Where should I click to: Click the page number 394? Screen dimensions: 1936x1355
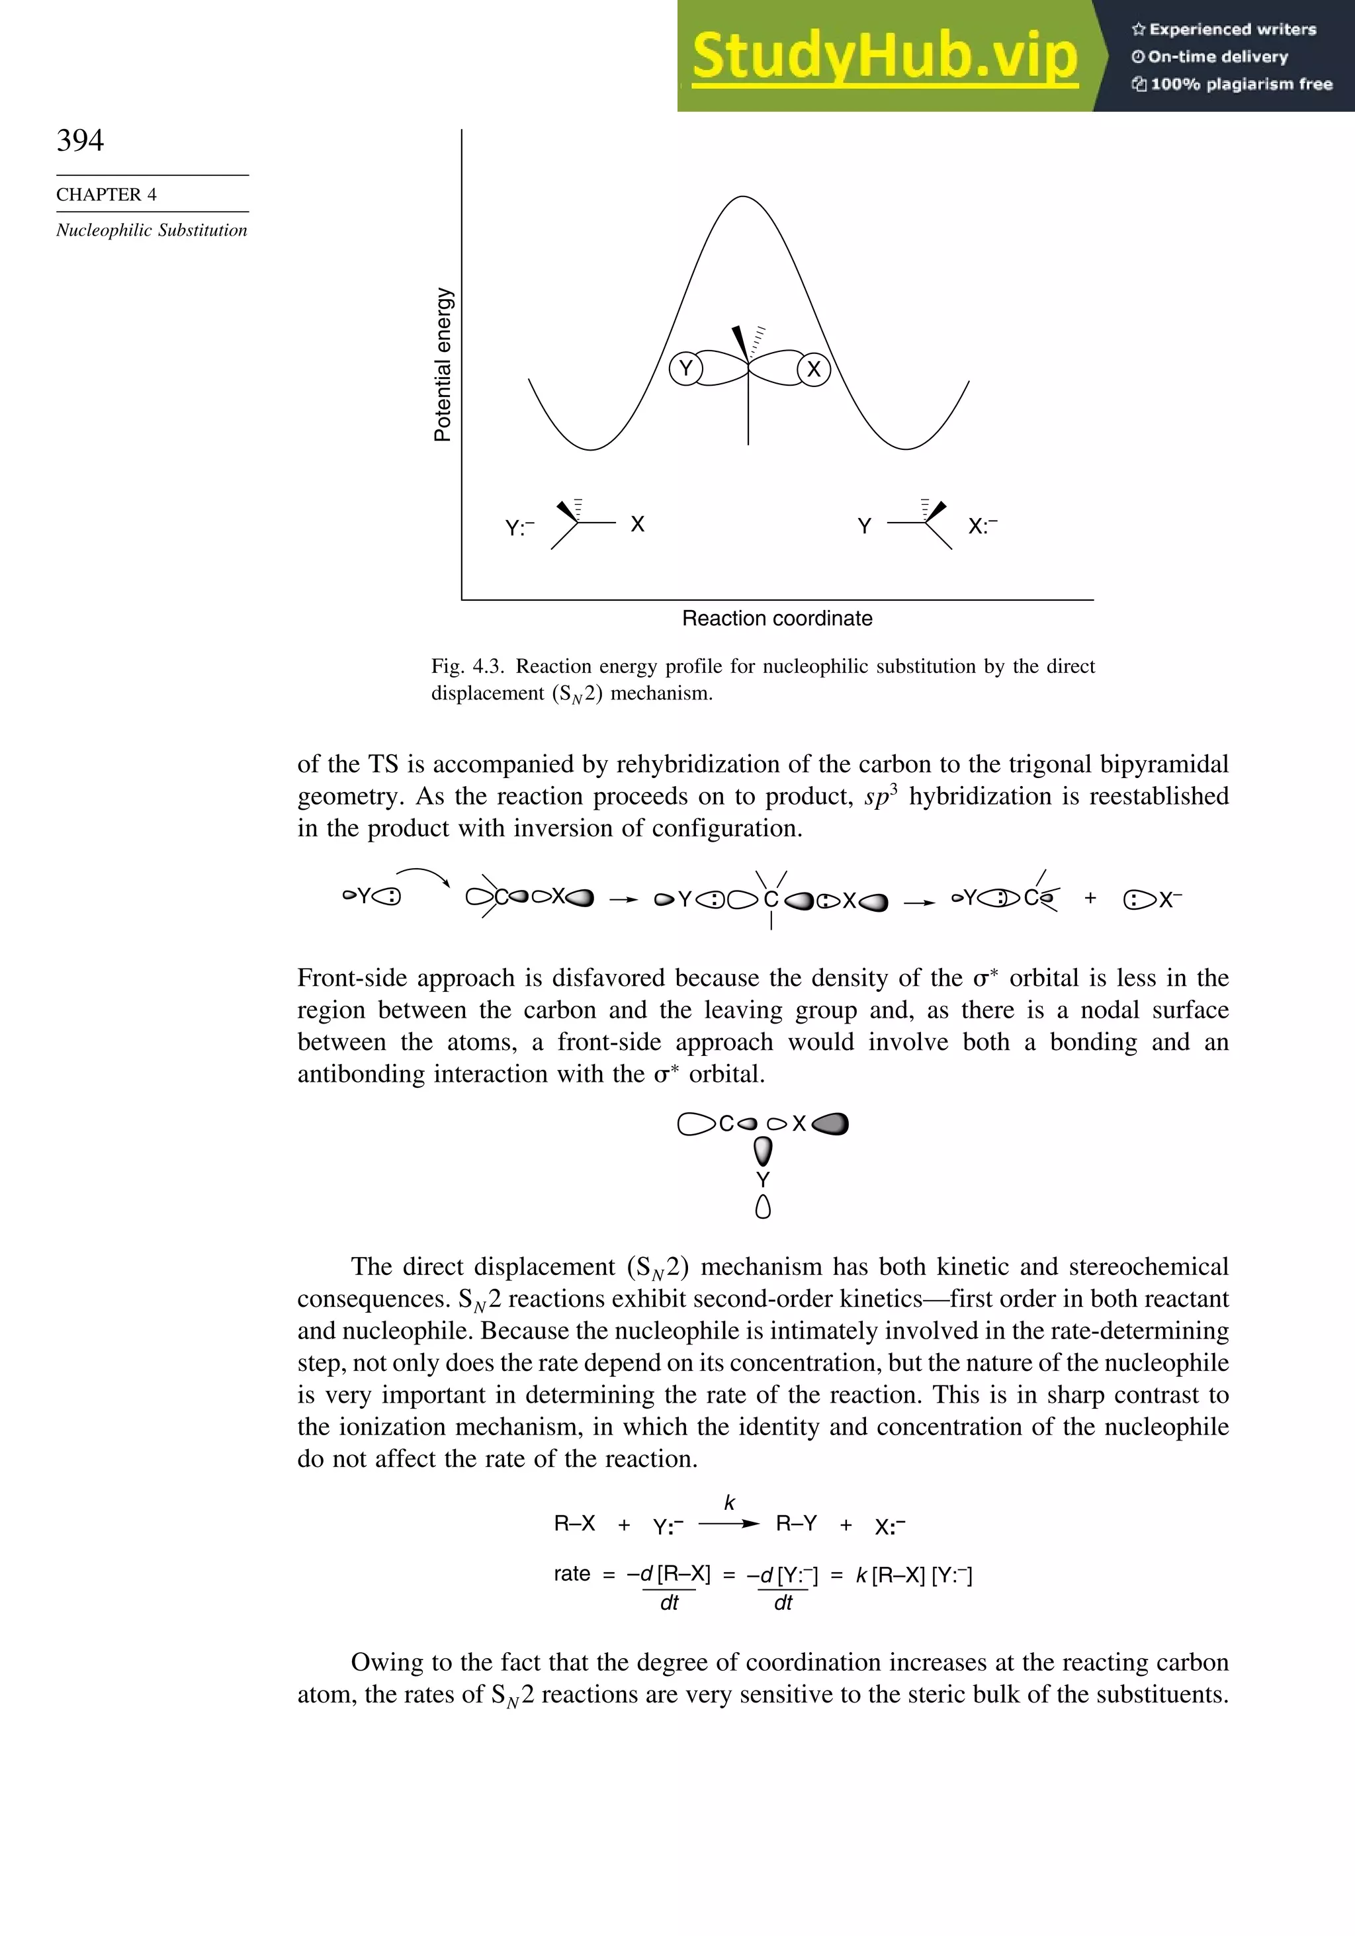tap(80, 140)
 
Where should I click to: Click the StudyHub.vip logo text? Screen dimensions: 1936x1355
tap(885, 56)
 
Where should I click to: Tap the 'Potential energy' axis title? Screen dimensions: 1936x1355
tap(443, 365)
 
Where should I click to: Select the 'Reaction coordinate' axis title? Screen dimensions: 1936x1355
tap(777, 618)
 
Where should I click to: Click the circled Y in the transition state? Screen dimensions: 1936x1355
tap(685, 369)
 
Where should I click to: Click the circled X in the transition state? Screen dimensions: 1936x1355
tap(814, 369)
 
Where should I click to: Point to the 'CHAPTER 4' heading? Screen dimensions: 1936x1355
tap(107, 195)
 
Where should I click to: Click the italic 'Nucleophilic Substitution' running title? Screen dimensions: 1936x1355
tap(152, 230)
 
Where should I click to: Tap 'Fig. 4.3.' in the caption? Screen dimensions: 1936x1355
tap(468, 666)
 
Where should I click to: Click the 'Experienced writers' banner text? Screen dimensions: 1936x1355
tap(1232, 30)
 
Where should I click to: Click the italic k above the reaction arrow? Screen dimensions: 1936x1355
tap(729, 1503)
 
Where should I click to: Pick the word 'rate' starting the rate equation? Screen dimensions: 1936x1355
tap(572, 1573)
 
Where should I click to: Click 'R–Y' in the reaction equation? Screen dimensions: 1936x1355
tap(796, 1524)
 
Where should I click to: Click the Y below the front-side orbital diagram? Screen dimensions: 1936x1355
tap(763, 1180)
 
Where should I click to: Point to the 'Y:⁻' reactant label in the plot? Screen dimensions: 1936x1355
tap(519, 529)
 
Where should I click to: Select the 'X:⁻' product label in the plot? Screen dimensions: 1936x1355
tap(983, 526)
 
